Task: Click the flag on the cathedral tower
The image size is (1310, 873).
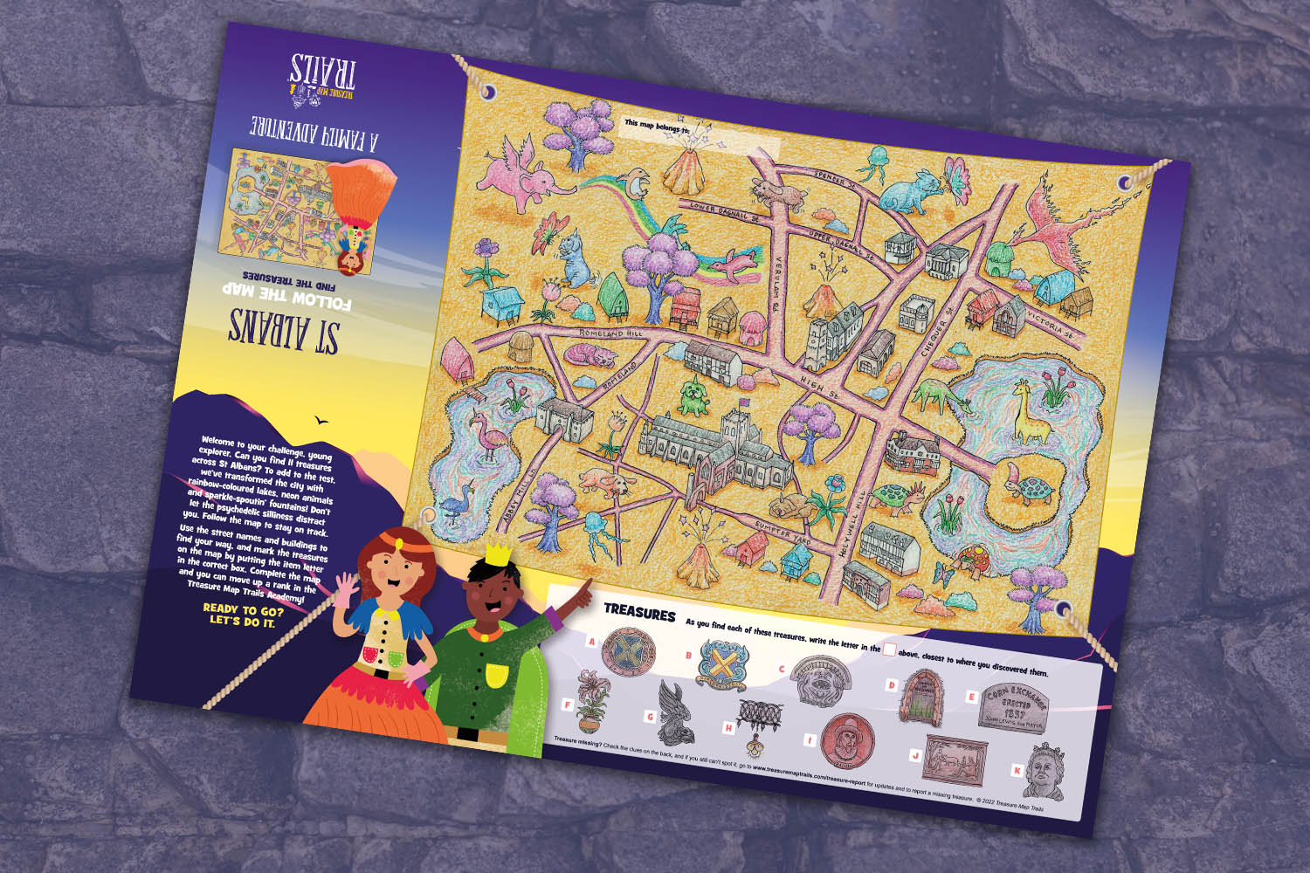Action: coord(744,403)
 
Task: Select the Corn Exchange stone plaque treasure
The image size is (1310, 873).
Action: coord(1013,707)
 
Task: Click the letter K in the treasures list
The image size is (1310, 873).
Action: coord(1017,770)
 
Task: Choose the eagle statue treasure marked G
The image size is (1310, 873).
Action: coord(675,711)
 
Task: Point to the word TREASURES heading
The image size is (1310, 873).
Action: coord(639,612)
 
